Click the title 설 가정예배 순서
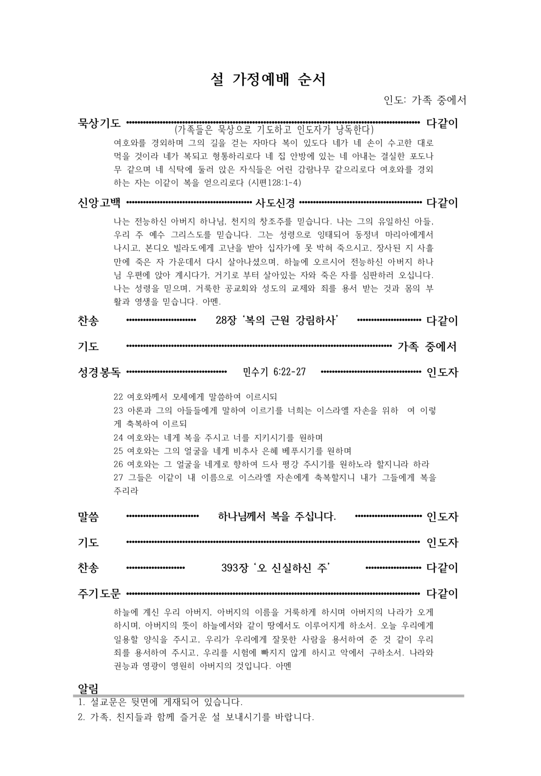coord(268,80)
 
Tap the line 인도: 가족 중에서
coord(425,100)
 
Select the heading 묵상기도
coord(99,123)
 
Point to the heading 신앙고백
coord(99,203)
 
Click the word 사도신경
coord(275,203)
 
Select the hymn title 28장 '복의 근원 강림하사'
coord(278,320)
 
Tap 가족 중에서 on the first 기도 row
coord(427,346)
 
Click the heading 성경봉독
coord(99,373)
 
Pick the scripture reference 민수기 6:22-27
coord(274,372)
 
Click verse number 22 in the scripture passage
coord(118,397)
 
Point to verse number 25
coord(118,451)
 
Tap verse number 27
coord(118,477)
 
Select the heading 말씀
coord(88,516)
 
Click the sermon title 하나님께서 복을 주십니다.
coord(277,516)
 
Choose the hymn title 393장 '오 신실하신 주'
coord(276,568)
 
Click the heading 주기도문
coord(99,594)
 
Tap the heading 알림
coord(88,688)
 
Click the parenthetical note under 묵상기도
coord(274,130)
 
